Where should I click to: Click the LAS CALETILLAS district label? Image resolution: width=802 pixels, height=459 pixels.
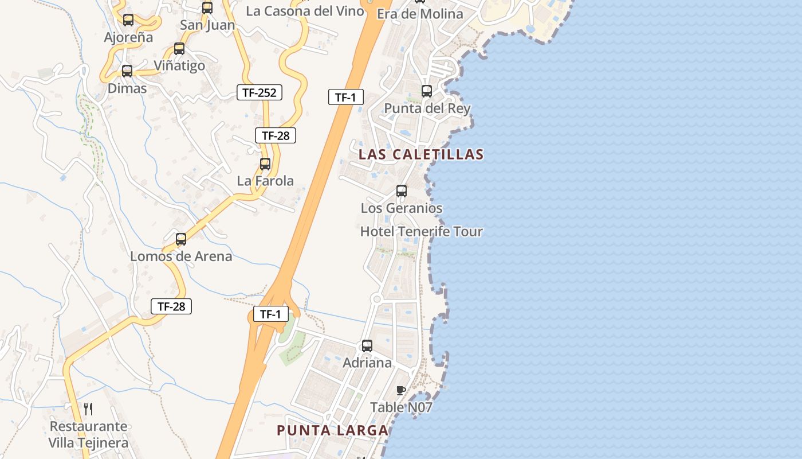(x=421, y=154)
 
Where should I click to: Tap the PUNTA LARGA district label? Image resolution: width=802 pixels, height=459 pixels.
(x=332, y=430)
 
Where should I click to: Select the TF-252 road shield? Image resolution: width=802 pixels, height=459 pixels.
(x=260, y=92)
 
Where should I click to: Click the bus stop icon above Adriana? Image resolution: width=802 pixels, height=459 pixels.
(x=367, y=346)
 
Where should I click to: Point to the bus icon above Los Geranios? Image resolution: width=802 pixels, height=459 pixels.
(x=402, y=191)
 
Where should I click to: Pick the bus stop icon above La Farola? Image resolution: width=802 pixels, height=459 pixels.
(x=265, y=164)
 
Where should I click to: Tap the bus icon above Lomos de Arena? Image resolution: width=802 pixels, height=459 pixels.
(x=181, y=239)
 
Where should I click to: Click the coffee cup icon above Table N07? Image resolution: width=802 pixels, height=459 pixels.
(x=401, y=391)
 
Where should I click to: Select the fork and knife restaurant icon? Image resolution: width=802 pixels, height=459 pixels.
(x=88, y=409)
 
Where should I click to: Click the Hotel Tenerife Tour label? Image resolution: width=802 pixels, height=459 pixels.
(x=421, y=232)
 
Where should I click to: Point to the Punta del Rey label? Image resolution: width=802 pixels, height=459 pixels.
(x=427, y=108)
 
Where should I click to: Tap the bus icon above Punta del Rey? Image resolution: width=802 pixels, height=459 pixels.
(x=427, y=91)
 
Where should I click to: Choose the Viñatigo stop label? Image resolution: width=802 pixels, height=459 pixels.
(x=179, y=65)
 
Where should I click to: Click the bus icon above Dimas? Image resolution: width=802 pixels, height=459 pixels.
(x=127, y=71)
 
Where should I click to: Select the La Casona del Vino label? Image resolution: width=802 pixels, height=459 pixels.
(x=305, y=11)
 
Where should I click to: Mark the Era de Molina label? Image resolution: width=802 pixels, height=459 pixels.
(x=420, y=14)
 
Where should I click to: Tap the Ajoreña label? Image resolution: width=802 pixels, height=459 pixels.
(x=128, y=37)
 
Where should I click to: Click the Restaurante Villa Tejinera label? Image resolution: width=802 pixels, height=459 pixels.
(x=88, y=434)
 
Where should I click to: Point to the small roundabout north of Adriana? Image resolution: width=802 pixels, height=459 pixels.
(x=376, y=298)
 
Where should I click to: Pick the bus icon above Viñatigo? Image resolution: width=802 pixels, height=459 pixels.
(x=179, y=49)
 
